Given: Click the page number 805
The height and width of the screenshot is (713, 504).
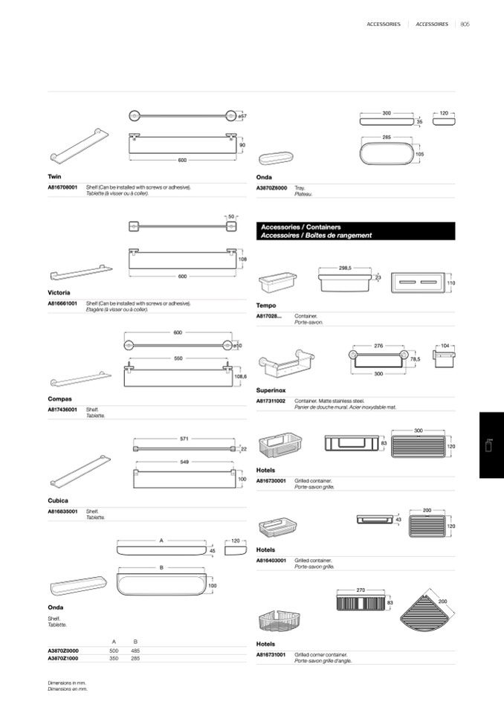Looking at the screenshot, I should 465,24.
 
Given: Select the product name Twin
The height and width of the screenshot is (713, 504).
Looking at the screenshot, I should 54,177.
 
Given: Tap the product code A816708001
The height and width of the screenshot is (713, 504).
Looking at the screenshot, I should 62,187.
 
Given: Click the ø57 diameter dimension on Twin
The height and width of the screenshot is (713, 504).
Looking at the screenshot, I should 242,116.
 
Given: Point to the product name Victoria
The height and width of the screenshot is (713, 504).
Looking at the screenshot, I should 59,293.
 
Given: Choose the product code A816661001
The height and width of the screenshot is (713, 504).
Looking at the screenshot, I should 62,303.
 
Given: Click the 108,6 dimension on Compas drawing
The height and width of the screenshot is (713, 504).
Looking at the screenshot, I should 239,377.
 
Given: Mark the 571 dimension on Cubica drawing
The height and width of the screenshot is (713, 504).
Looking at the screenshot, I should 183,439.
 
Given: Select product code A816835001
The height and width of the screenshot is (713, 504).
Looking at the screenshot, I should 62,512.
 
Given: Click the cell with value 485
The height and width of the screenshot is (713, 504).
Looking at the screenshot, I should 135,651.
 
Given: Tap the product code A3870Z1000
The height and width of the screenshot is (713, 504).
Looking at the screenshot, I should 63,658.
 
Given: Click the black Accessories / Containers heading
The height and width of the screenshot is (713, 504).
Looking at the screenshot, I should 355,230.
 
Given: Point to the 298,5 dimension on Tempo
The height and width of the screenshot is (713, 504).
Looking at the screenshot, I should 345,268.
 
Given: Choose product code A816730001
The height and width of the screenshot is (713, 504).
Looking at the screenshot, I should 271,481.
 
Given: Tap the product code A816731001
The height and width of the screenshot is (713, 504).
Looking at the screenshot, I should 271,655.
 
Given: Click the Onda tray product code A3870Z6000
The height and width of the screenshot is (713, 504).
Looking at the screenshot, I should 271,189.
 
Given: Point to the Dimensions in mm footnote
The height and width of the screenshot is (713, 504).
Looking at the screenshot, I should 68,683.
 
